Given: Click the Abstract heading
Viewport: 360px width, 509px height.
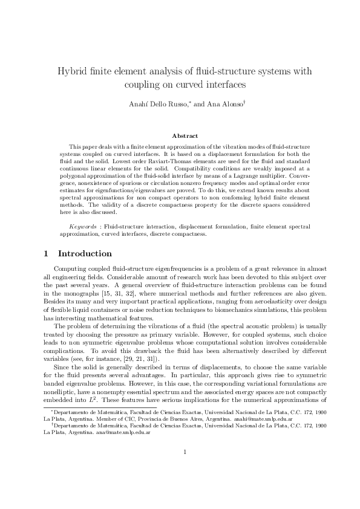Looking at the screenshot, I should click(x=185, y=136).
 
